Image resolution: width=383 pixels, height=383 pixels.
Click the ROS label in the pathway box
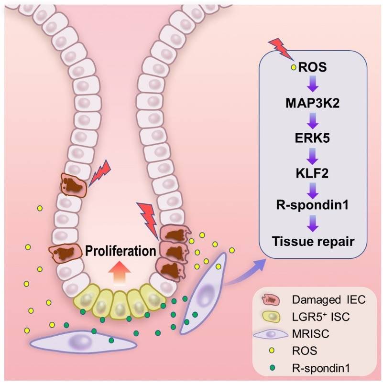coord(312,67)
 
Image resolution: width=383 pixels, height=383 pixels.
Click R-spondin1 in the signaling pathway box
coord(312,206)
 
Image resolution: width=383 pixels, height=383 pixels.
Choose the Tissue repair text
coord(312,241)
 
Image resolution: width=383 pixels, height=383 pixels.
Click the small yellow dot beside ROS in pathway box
coord(294,67)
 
